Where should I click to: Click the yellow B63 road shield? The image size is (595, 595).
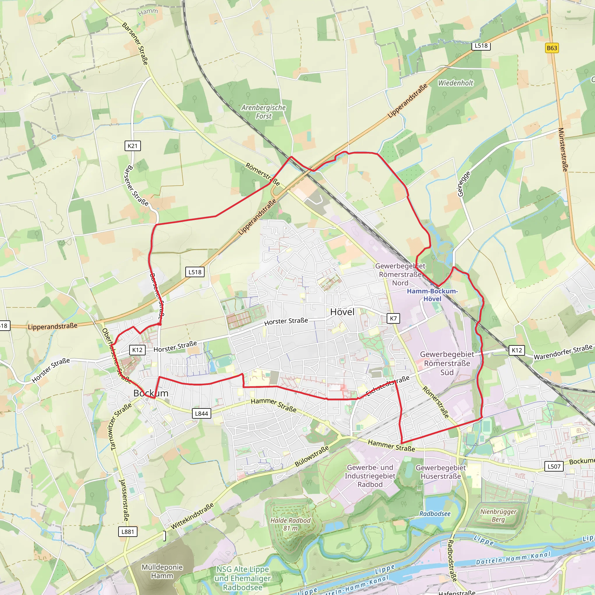pos(552,48)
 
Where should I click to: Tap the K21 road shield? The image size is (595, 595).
pos(132,146)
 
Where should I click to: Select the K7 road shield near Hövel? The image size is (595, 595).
pos(393,318)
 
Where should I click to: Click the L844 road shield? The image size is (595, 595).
pos(201,414)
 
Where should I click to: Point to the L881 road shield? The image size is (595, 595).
pos(128,532)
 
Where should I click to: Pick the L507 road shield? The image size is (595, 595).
pos(554,466)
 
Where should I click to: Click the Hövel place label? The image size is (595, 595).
pos(342,312)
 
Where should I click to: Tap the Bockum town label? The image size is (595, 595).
pos(150,393)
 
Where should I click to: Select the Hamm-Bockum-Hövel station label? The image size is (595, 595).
pos(432,295)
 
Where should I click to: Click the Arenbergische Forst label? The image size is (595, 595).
pos(263,112)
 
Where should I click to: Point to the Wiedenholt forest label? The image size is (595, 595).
pos(455,83)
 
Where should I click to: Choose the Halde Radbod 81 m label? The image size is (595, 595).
pos(290,524)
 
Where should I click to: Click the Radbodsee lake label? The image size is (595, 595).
pos(435,514)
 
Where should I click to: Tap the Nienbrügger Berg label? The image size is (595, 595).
pos(498,516)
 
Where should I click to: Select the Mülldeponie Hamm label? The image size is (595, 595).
pos(162,571)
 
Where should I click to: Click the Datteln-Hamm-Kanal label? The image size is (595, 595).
pos(513,558)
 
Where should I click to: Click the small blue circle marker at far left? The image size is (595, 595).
pos(54,137)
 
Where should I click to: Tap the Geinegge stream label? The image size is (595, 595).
pos(463,184)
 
